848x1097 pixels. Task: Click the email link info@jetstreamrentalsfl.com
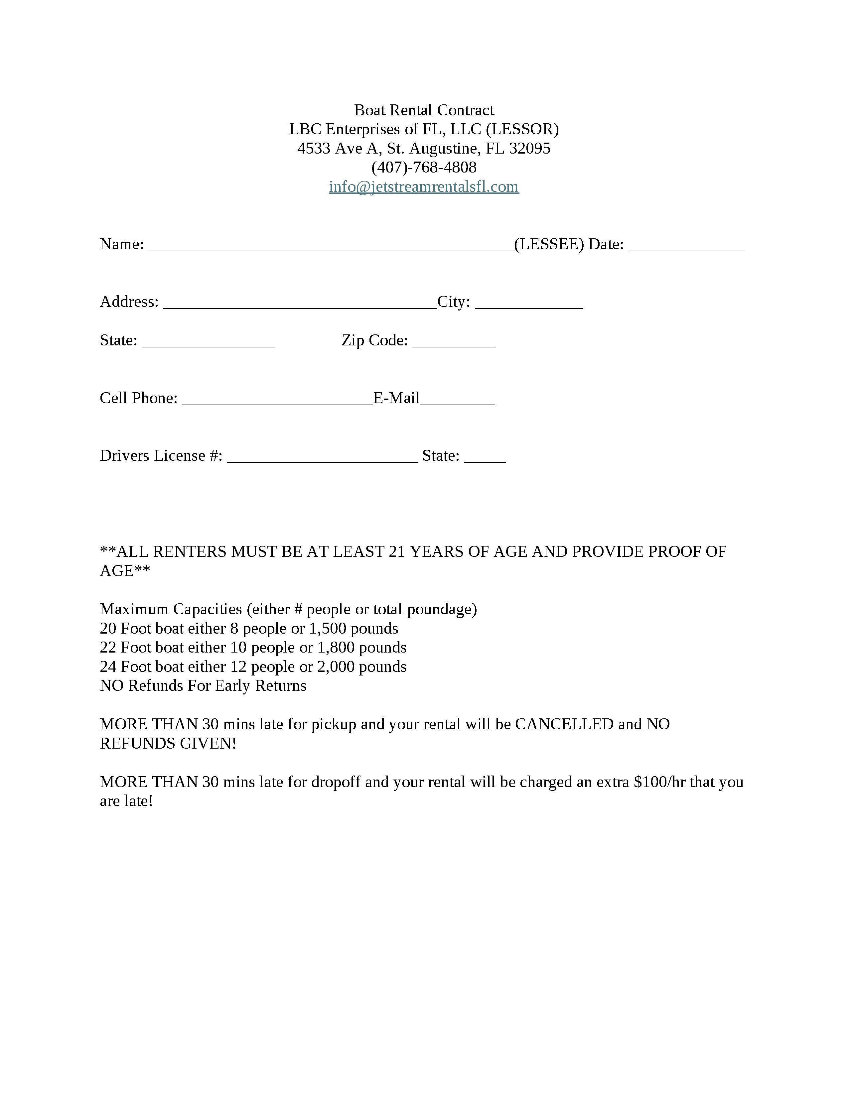(x=423, y=187)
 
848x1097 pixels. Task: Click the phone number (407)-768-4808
(x=423, y=167)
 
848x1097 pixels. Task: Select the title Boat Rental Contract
(x=423, y=110)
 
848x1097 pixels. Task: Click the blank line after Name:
(x=331, y=245)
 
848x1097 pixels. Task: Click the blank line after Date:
(x=686, y=245)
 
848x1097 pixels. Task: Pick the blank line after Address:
(x=300, y=303)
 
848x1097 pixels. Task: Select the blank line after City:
(x=528, y=303)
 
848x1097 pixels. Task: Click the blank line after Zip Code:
(x=454, y=341)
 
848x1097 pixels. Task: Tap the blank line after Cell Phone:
(x=277, y=399)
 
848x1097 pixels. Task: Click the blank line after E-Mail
(x=457, y=399)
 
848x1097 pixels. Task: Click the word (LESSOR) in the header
(x=522, y=130)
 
